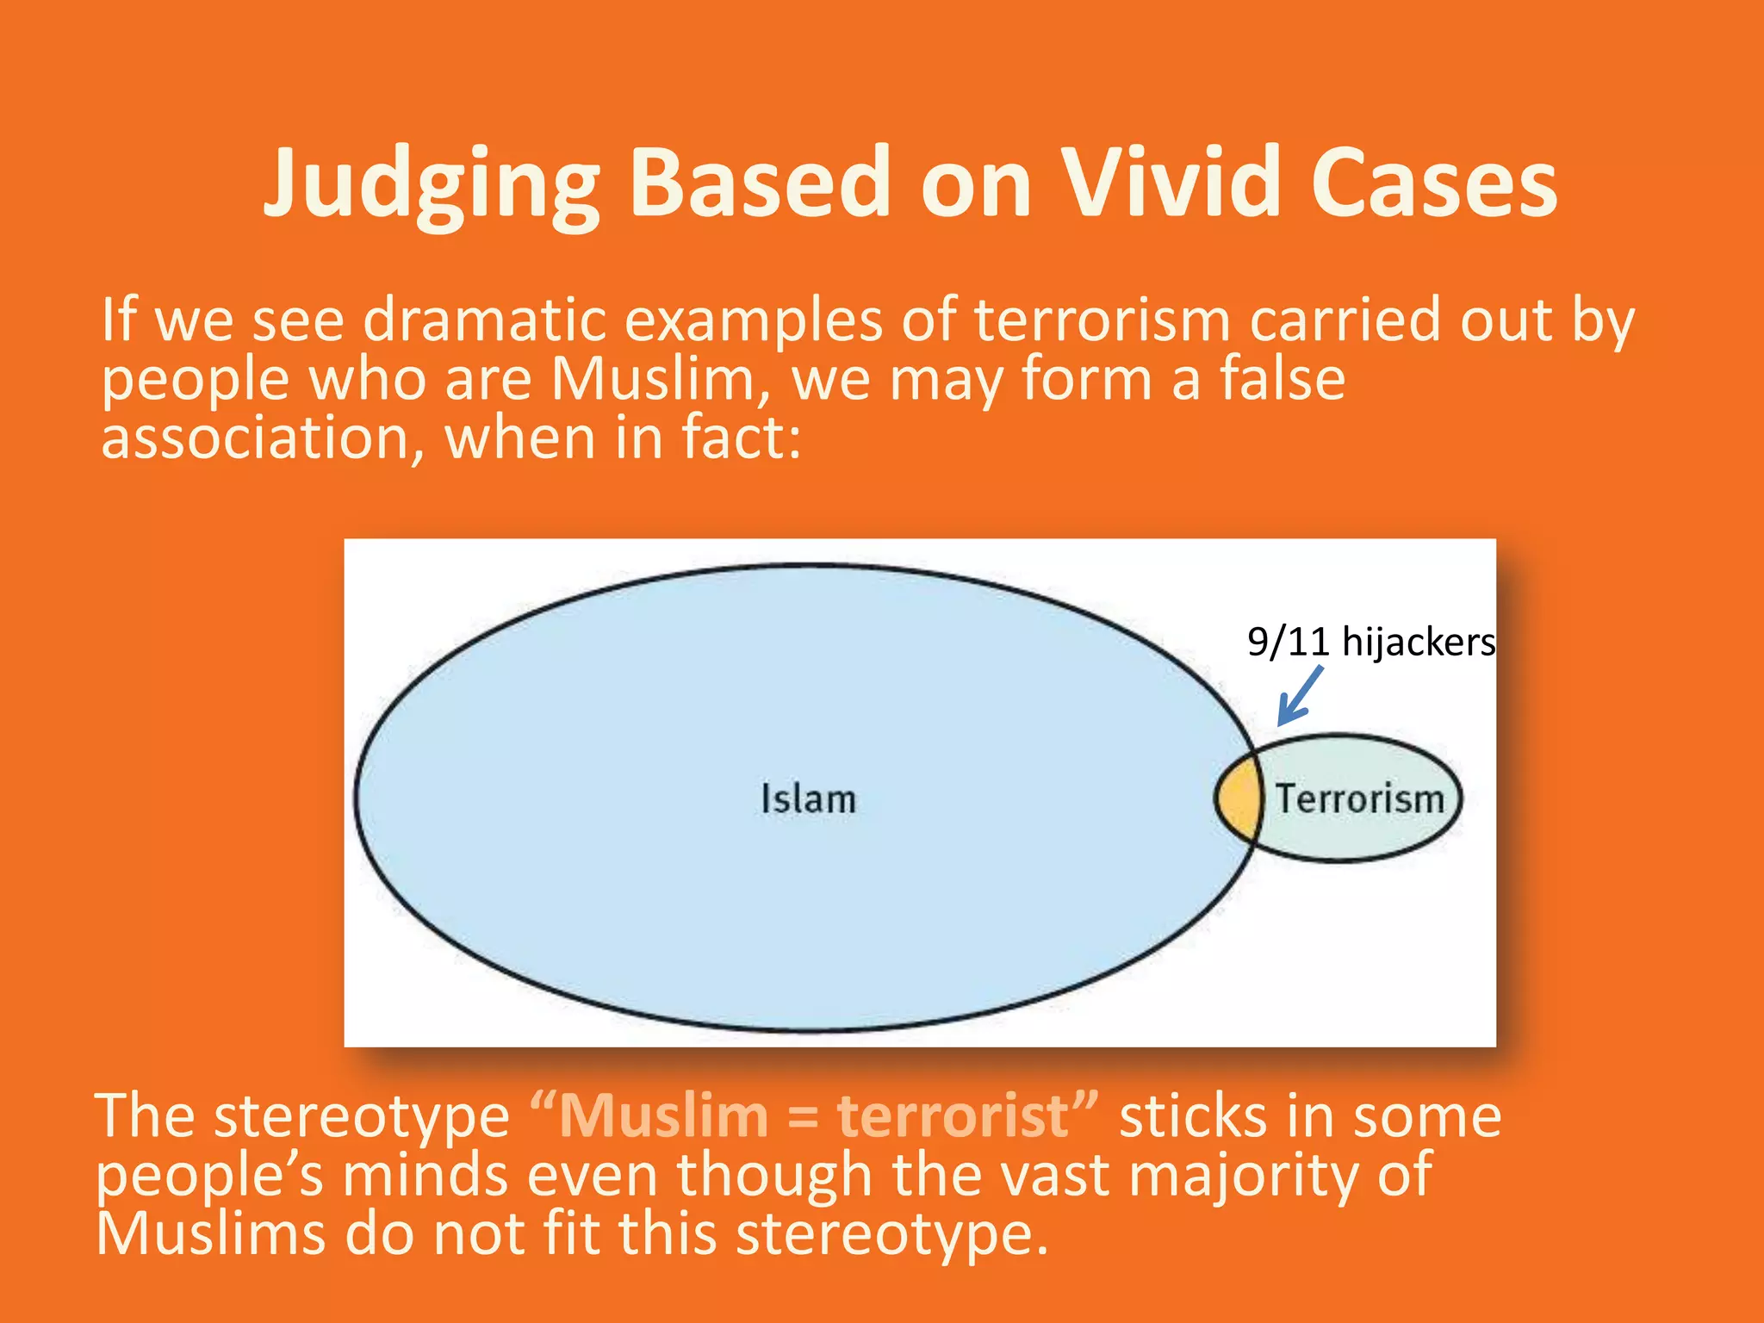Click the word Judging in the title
pyautogui.click(x=431, y=185)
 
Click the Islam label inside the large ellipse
pyautogui.click(x=808, y=799)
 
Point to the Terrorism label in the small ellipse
pyautogui.click(x=1359, y=799)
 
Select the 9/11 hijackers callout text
pyautogui.click(x=1370, y=643)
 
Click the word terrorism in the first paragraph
pyautogui.click(x=1102, y=320)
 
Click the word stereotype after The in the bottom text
pyautogui.click(x=362, y=1116)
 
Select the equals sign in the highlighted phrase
pyautogui.click(x=802, y=1118)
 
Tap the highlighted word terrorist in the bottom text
pyautogui.click(x=953, y=1116)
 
